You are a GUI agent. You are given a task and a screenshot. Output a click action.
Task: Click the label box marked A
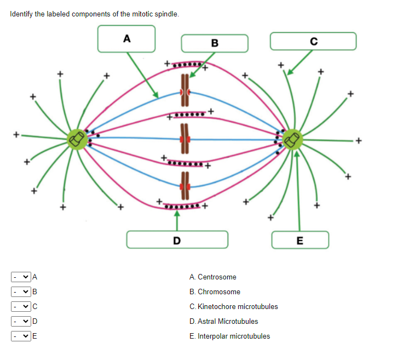tap(126, 38)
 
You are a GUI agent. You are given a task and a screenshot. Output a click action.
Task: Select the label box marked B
tap(214, 43)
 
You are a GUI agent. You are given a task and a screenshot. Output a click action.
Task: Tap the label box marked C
tap(313, 41)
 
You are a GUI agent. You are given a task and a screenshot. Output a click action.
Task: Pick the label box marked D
tap(177, 239)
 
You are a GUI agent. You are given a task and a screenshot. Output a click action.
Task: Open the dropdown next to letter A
tap(21, 277)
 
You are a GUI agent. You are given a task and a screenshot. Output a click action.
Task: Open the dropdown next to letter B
tap(21, 292)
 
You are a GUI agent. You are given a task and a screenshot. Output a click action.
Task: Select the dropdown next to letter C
tap(21, 306)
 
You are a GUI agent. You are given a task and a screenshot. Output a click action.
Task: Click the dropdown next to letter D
tap(21, 321)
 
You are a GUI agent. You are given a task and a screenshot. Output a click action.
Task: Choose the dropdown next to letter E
tap(21, 336)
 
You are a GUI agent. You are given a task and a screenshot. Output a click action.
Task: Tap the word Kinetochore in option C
tap(218, 307)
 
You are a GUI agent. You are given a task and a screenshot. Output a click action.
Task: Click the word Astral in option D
tap(207, 322)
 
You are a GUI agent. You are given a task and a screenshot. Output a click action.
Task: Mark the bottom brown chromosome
tap(185, 187)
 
